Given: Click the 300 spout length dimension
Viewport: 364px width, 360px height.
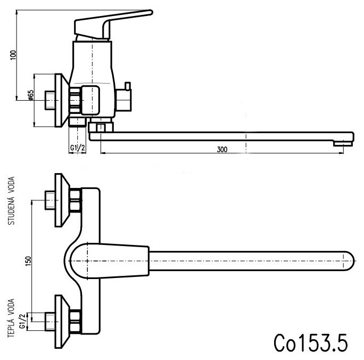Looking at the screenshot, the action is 222,150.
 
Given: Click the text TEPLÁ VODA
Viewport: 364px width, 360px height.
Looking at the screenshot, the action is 12,318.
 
